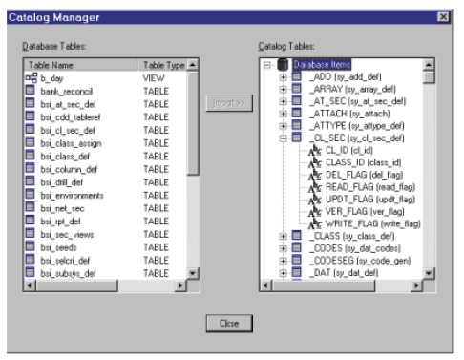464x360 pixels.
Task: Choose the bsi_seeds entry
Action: click(x=56, y=246)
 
